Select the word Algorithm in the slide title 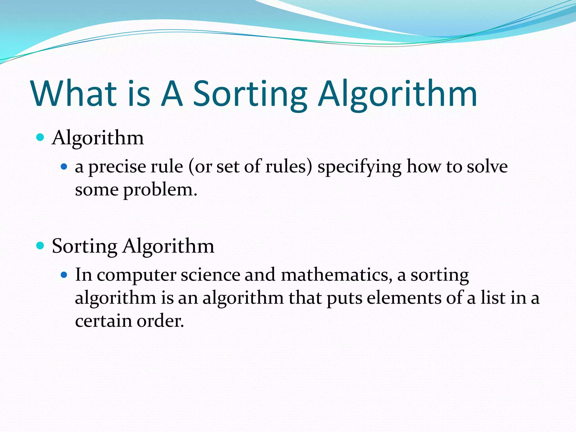(397, 94)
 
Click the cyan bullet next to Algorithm (40, 138)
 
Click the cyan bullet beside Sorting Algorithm (40, 246)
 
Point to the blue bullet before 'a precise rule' (64, 167)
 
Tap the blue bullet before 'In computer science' (64, 275)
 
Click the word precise (117, 167)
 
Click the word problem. (160, 190)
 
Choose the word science (210, 274)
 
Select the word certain (103, 321)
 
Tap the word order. (160, 321)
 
